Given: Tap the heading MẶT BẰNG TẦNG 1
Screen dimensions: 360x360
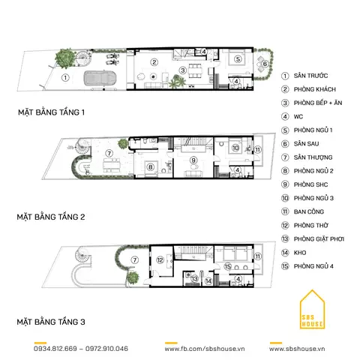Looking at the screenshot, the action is point(51,112).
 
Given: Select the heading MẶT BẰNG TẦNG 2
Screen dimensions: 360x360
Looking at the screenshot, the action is point(51,217).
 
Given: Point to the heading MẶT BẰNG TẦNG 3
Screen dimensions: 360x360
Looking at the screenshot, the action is point(51,322).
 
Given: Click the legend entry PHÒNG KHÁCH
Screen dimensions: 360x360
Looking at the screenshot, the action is point(314,89).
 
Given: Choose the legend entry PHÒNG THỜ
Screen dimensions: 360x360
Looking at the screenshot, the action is point(311,225).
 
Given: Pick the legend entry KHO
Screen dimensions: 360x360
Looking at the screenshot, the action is point(300,253).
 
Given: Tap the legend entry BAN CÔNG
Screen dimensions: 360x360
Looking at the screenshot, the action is point(309,211).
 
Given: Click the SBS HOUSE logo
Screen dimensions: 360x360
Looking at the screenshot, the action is point(312,310).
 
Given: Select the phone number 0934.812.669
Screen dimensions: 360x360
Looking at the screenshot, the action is point(55,349).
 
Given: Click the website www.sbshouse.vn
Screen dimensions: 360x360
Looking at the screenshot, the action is point(297,349).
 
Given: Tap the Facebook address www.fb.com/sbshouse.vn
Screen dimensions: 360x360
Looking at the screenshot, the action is point(205,349).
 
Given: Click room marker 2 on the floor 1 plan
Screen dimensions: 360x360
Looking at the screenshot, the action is point(154,62).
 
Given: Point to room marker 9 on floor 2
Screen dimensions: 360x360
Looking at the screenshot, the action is point(193,160).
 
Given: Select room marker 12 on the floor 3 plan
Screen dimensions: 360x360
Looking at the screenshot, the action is point(160,260).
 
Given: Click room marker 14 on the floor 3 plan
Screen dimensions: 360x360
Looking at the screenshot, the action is point(208,281).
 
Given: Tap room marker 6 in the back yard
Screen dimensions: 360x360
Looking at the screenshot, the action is point(265,64).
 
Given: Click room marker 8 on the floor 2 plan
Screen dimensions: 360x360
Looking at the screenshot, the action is point(151,166).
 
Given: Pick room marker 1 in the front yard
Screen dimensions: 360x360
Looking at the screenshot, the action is point(65,78).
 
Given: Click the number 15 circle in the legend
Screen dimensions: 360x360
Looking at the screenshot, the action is point(285,266).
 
